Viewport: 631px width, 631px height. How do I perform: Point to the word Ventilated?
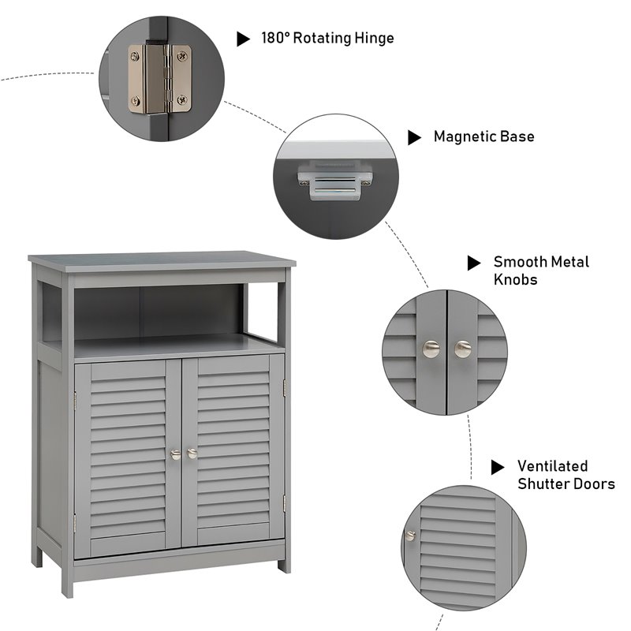click(x=552, y=466)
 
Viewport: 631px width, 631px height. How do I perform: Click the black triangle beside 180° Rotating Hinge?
click(x=244, y=39)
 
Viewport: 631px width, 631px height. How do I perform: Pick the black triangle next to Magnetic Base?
click(x=414, y=137)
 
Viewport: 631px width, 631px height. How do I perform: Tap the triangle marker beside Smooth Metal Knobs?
click(x=473, y=263)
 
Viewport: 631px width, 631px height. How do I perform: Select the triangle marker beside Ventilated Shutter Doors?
click(x=498, y=467)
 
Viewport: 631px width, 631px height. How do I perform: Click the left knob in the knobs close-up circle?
click(x=431, y=348)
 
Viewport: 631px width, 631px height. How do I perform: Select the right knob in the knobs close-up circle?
click(x=463, y=348)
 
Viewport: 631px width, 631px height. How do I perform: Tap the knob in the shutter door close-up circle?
click(x=410, y=535)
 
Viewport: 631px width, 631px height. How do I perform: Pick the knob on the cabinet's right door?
click(x=192, y=454)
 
